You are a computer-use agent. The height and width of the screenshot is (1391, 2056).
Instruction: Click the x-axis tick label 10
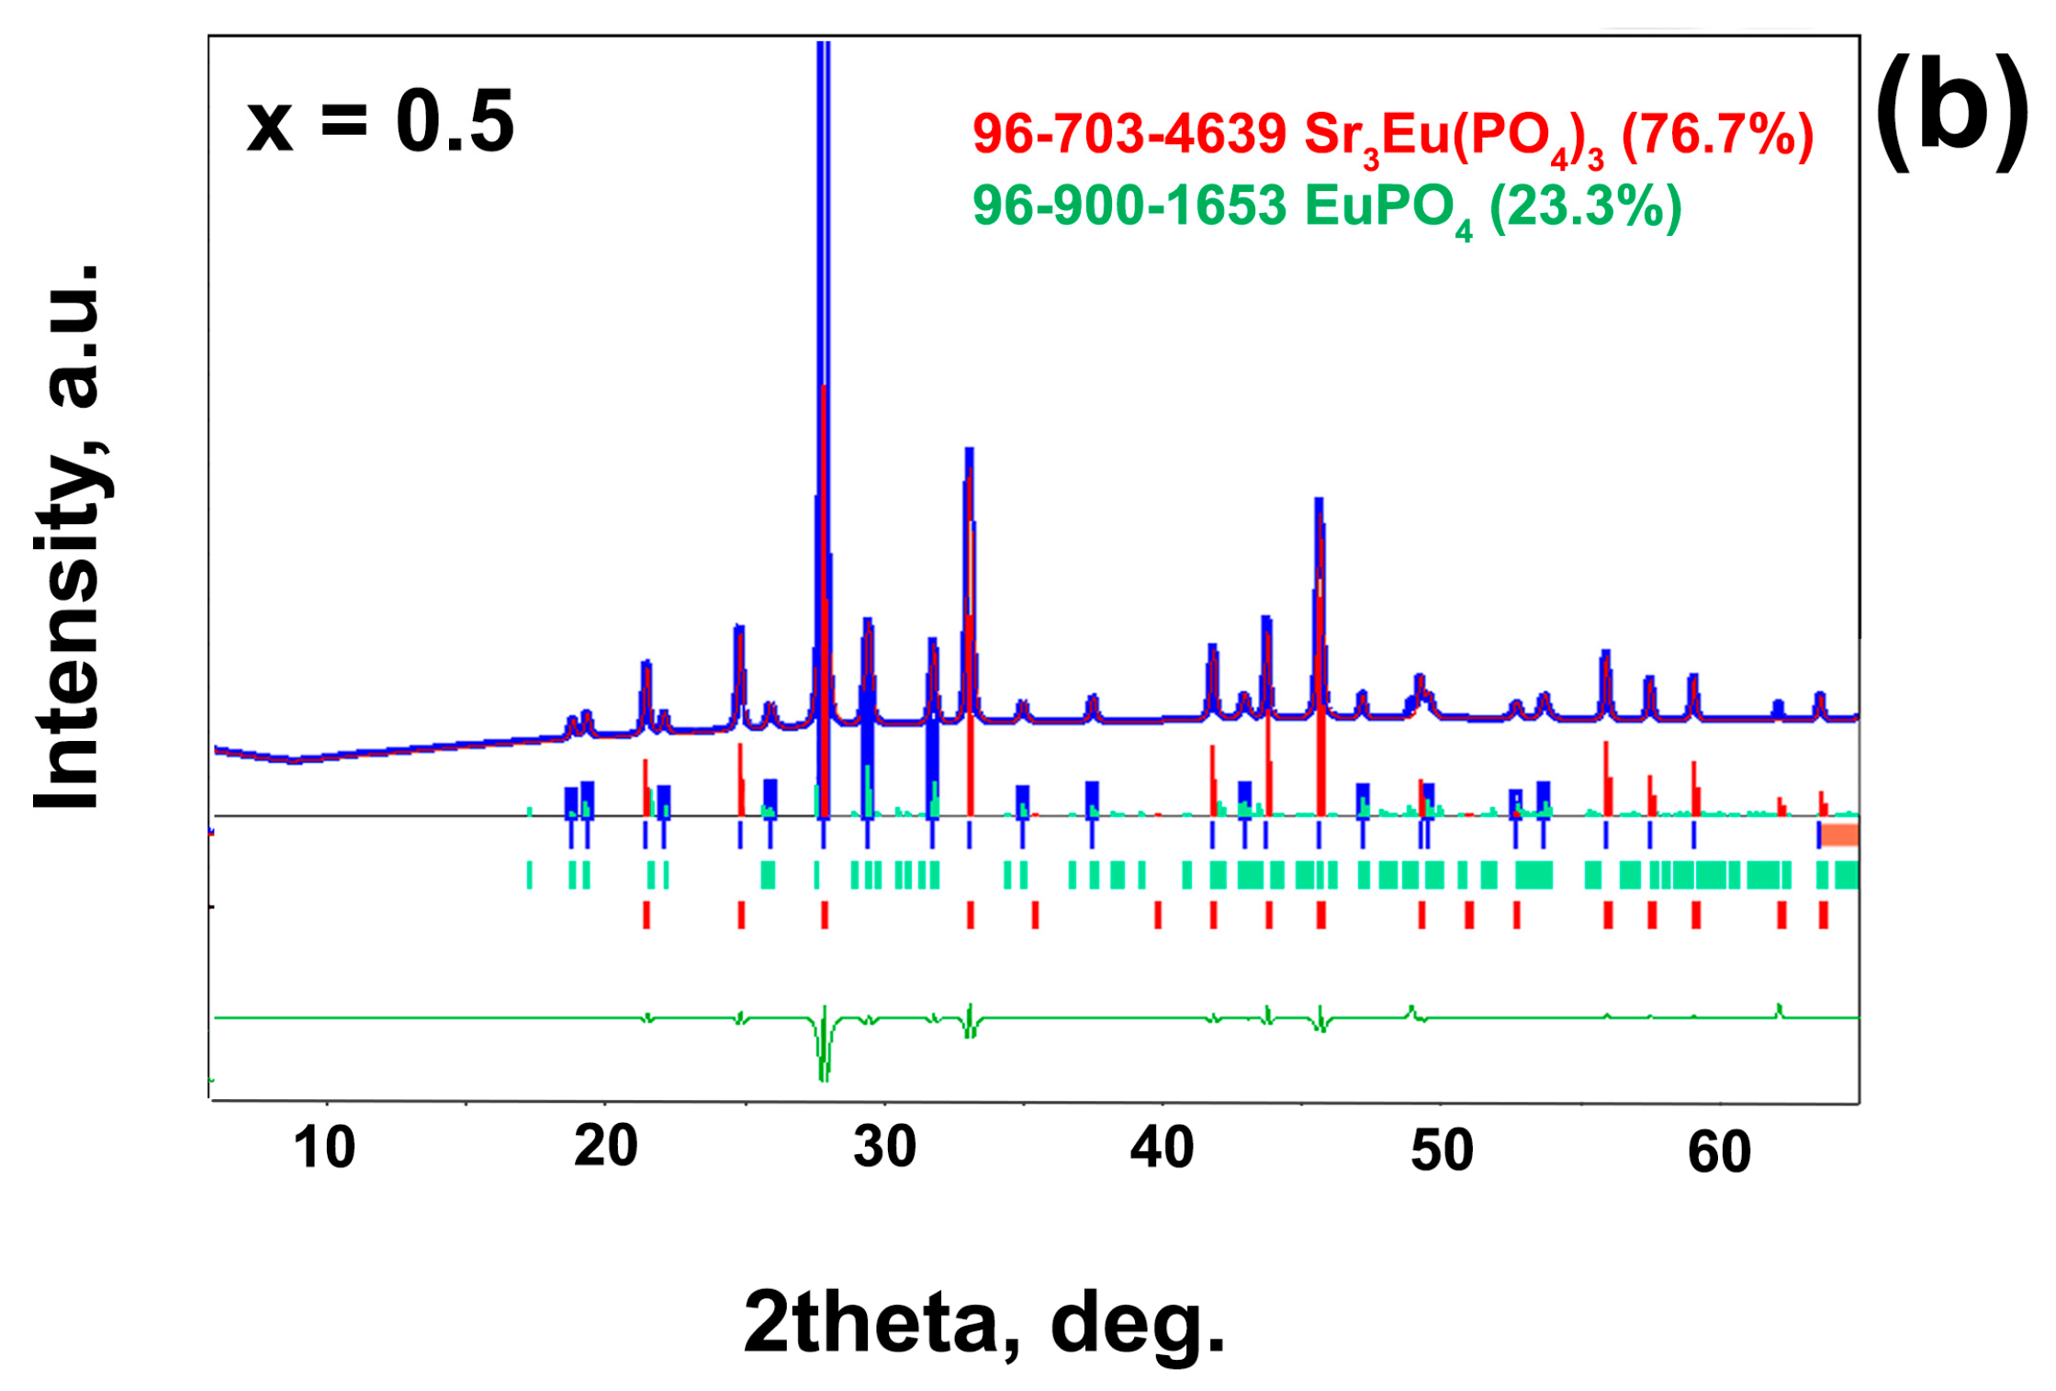[x=323, y=1148]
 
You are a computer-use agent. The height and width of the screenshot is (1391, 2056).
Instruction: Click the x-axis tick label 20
[x=605, y=1147]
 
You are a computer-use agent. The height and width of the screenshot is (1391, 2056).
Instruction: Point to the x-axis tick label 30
[x=884, y=1147]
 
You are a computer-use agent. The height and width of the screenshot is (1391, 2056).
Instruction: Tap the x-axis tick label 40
[x=1162, y=1148]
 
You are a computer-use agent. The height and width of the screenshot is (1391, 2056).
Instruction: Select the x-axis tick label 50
[x=1442, y=1150]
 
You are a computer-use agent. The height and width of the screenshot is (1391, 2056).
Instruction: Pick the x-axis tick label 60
[x=1719, y=1152]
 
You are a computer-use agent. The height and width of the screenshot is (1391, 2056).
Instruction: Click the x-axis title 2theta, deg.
[x=984, y=1323]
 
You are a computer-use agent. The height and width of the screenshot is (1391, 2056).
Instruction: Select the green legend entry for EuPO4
[x=1327, y=207]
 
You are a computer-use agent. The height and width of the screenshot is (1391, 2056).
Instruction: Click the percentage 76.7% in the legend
[x=1717, y=135]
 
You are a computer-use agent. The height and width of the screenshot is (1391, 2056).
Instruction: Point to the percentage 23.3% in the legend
[x=1585, y=206]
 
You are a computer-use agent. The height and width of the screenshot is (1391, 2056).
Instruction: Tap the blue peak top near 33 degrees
[x=969, y=451]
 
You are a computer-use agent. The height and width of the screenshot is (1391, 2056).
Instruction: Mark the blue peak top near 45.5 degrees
[x=1319, y=501]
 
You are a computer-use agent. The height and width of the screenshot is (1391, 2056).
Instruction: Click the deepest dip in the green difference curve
[x=823, y=1079]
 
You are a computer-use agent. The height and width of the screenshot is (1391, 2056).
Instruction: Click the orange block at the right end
[x=1839, y=835]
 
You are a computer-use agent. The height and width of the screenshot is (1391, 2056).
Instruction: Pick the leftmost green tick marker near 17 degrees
[x=530, y=874]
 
